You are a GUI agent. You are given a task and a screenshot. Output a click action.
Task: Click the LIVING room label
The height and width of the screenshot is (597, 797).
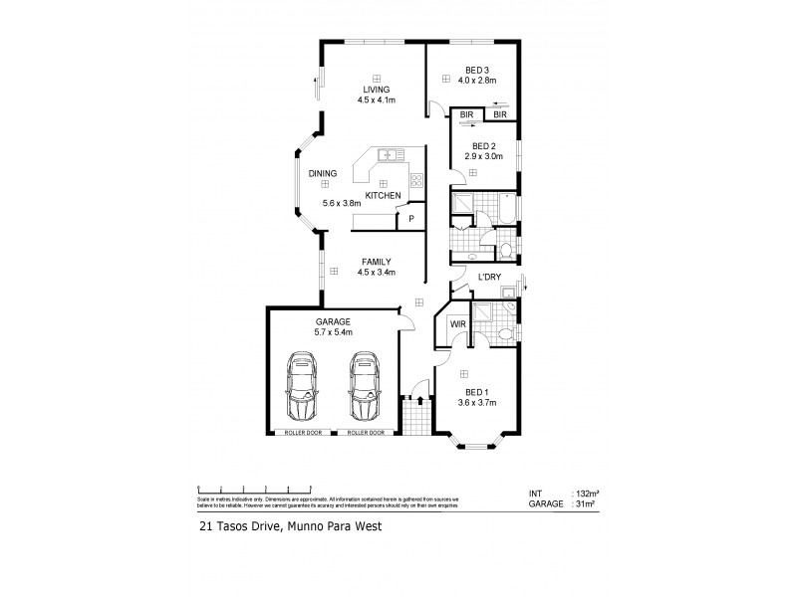tap(377, 90)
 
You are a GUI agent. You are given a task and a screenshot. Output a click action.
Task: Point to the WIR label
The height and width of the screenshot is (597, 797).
tap(457, 324)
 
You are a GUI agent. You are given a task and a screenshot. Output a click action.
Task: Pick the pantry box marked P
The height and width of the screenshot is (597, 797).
tap(409, 219)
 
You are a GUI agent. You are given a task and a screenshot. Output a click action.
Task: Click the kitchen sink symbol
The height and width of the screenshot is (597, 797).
tap(389, 155)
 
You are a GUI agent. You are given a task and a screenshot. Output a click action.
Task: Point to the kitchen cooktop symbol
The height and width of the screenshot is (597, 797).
tap(416, 181)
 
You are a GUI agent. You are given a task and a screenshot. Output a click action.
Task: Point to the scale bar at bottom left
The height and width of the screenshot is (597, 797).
tap(258, 487)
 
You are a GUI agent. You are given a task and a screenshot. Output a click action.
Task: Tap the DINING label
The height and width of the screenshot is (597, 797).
tap(322, 174)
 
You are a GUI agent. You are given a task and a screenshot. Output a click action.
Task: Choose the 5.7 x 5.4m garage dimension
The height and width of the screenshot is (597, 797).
tap(333, 333)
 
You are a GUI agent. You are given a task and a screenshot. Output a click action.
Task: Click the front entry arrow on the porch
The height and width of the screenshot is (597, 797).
tap(420, 400)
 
